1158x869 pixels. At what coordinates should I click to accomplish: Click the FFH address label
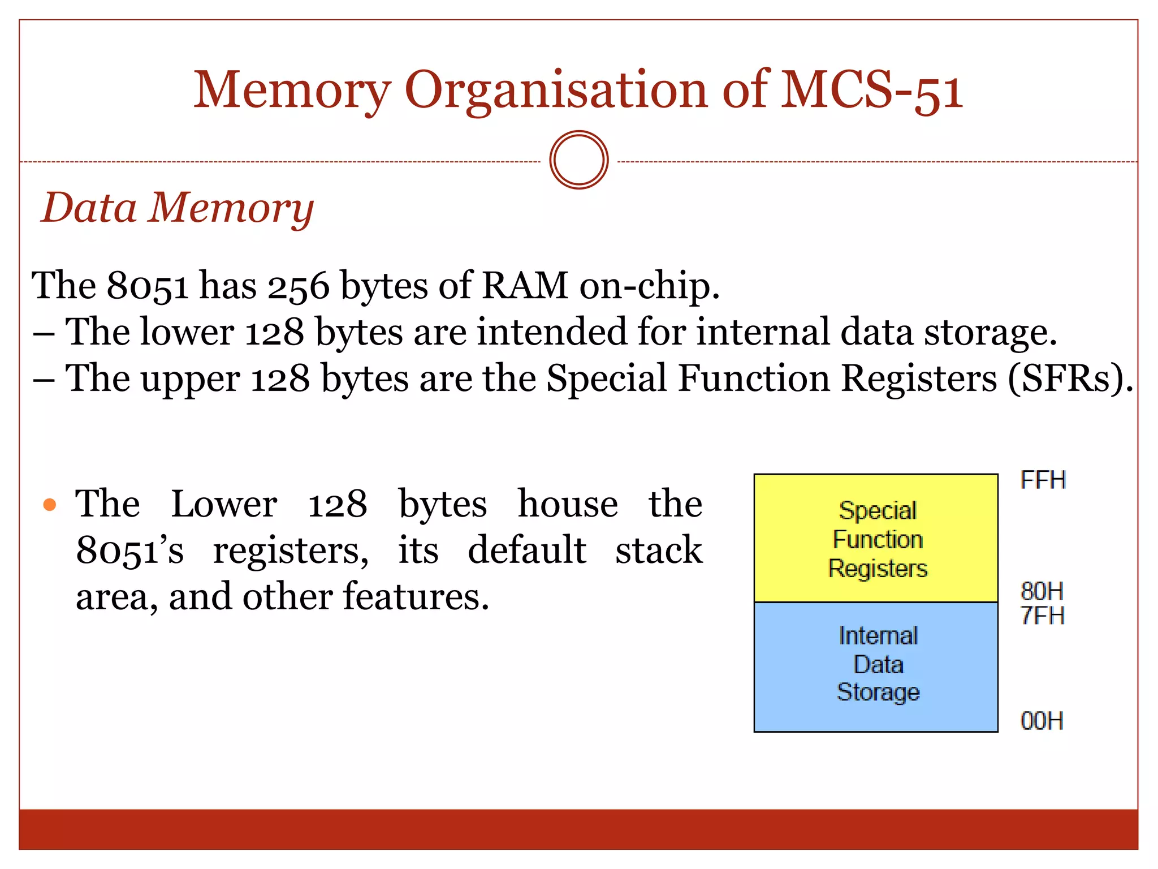[x=1043, y=480]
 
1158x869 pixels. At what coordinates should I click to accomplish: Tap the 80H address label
[x=1042, y=591]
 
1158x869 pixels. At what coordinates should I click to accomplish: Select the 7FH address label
[x=1042, y=616]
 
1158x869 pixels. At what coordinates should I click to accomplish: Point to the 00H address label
[x=1042, y=721]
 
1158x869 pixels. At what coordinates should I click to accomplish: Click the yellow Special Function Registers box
[x=876, y=538]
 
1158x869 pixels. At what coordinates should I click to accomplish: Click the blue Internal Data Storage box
[x=876, y=666]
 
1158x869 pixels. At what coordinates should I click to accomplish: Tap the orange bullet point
[x=50, y=504]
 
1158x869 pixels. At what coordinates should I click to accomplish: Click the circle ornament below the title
[x=578, y=160]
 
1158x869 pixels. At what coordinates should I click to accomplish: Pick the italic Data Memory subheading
[x=178, y=208]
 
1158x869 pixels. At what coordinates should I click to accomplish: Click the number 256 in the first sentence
[x=298, y=286]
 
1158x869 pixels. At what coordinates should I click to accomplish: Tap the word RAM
[x=525, y=285]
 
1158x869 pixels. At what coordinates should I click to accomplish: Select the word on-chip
[x=649, y=286]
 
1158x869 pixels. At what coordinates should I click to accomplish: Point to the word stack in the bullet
[x=659, y=550]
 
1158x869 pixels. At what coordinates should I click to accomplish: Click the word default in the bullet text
[x=526, y=550]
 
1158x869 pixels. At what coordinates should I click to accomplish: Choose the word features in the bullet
[x=416, y=596]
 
